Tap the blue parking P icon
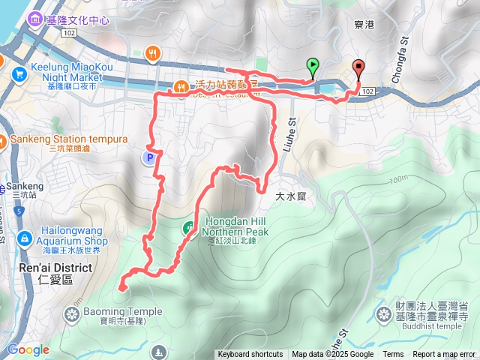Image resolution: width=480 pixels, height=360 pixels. [149, 157]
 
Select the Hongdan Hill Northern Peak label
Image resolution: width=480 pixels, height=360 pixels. [235, 227]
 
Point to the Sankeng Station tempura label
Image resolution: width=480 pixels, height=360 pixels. [69, 139]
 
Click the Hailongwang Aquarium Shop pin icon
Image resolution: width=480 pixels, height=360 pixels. [25, 238]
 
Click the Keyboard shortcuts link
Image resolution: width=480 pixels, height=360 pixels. [250, 355]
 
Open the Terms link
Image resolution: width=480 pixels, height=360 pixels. [393, 355]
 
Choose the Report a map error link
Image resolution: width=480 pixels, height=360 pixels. [444, 355]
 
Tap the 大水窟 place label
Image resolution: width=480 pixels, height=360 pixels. [292, 196]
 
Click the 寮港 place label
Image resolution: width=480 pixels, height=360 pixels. [363, 24]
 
